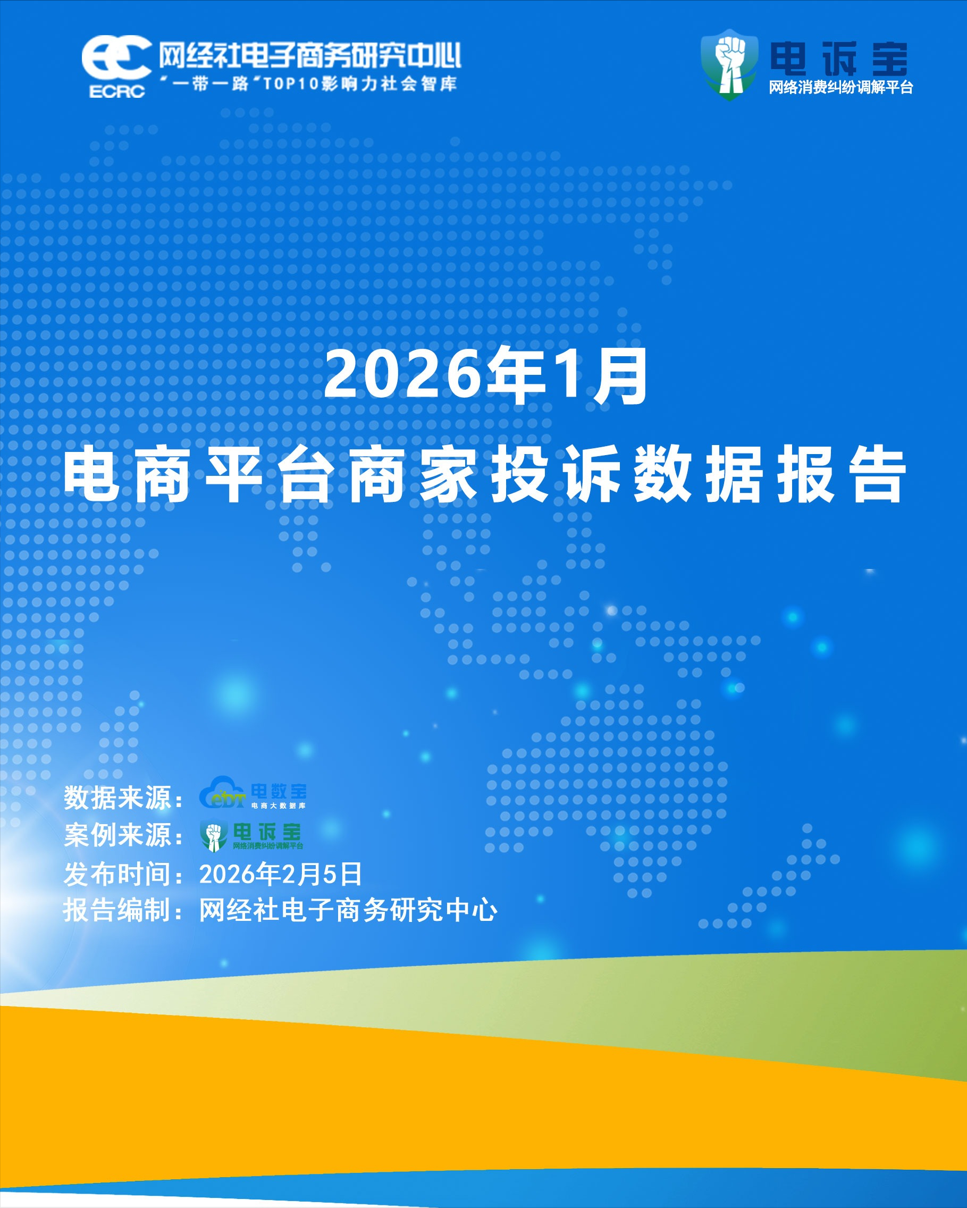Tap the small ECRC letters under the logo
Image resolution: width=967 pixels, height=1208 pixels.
[117, 91]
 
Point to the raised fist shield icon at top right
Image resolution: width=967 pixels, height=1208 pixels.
[729, 65]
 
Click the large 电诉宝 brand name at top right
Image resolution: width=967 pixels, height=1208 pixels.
[839, 59]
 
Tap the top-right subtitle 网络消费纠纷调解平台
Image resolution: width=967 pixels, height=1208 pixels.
[841, 87]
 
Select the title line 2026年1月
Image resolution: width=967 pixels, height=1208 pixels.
[486, 376]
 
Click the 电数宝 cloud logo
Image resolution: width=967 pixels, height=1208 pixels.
[253, 792]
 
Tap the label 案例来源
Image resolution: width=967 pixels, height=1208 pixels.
[117, 835]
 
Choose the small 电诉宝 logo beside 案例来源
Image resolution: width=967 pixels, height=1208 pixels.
[251, 835]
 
